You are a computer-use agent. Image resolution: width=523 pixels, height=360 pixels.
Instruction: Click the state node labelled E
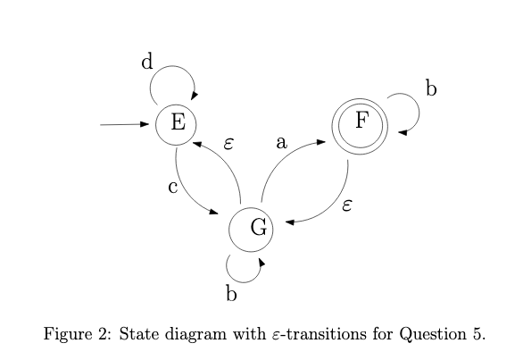click(177, 123)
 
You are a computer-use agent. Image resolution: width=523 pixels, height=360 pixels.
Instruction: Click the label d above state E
click(148, 62)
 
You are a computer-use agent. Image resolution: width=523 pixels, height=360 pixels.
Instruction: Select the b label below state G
click(230, 295)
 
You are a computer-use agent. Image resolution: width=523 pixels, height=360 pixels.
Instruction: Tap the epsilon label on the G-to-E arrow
click(228, 143)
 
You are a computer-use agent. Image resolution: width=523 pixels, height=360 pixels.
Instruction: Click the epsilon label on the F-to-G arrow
click(347, 205)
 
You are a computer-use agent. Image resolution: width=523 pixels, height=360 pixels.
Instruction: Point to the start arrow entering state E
click(125, 124)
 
